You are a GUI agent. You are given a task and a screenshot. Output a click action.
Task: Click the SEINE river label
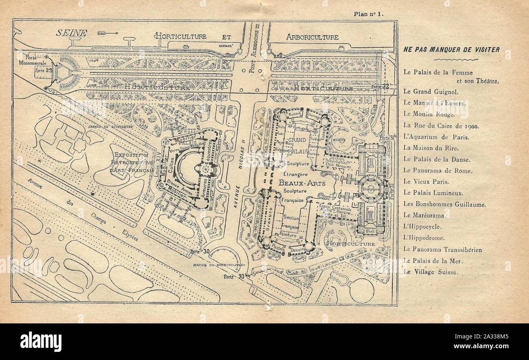click(x=72, y=33)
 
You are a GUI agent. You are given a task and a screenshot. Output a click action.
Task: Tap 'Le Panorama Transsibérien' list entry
click(x=443, y=249)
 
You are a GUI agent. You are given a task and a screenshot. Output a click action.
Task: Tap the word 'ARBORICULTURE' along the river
click(x=312, y=37)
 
